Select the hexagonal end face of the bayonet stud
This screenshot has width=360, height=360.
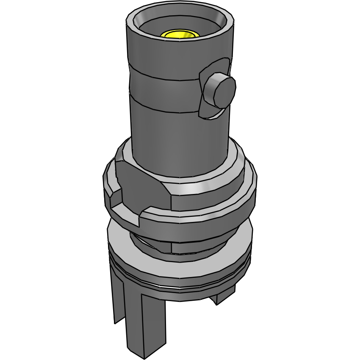(x=219, y=91)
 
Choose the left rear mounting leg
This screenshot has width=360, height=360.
(x=118, y=296)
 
